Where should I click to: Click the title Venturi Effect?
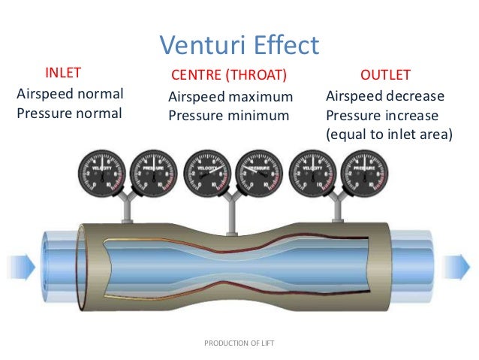(x=239, y=45)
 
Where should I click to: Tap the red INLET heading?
(x=63, y=74)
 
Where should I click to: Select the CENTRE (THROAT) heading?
(x=229, y=76)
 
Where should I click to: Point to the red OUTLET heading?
(x=386, y=76)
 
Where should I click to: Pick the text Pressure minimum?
(x=228, y=116)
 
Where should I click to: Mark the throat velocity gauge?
(x=206, y=171)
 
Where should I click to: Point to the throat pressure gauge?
(x=259, y=171)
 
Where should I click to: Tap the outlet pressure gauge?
(x=365, y=171)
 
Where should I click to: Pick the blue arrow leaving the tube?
(x=457, y=266)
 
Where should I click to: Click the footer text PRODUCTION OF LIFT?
(x=239, y=343)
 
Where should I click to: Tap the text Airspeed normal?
(x=69, y=95)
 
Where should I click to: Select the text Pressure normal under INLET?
(x=68, y=113)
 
